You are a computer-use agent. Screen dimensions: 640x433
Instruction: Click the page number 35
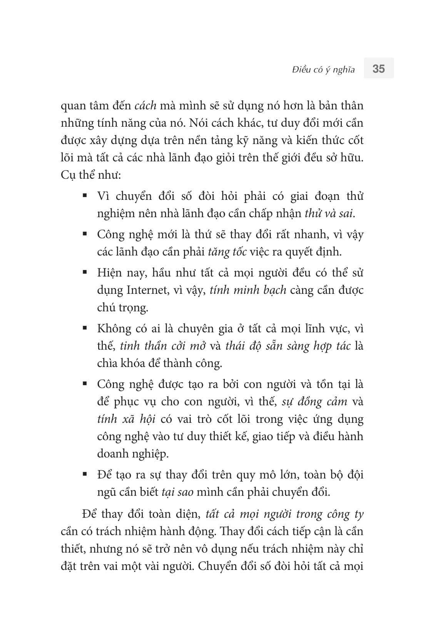tap(378, 69)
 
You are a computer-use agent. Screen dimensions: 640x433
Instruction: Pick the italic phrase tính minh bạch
tap(248, 290)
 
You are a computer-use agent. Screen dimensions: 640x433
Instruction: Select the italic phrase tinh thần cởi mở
tap(163, 346)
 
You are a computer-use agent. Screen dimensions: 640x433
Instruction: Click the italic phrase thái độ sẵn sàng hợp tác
tap(288, 346)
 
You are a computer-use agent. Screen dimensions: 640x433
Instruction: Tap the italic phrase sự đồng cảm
tap(314, 402)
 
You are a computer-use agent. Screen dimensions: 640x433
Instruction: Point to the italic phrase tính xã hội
tap(126, 419)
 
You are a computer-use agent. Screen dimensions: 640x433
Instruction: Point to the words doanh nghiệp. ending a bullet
tap(133, 454)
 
